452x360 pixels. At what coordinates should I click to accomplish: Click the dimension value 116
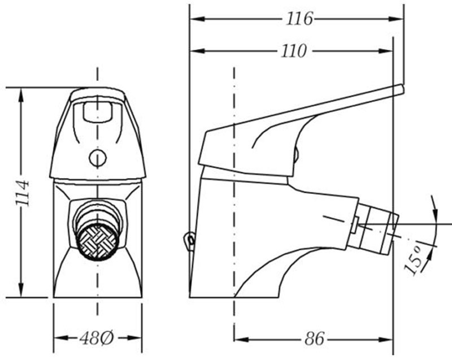pos(299,19)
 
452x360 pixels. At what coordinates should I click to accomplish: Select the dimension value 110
pos(293,51)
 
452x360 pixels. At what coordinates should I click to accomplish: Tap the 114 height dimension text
pos(23,193)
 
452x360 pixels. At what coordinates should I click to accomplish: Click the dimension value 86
pos(314,339)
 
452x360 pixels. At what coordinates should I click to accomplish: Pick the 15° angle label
pos(414,261)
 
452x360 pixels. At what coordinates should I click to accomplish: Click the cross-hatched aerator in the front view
pos(99,242)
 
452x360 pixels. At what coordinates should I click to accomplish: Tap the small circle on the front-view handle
pos(98,158)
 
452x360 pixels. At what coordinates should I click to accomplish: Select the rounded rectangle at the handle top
pos(97,111)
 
